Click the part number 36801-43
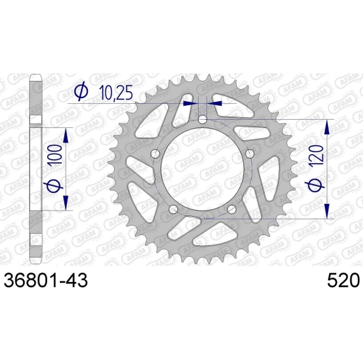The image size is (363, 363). [46, 280]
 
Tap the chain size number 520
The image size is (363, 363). [343, 280]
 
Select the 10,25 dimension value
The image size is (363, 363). [116, 92]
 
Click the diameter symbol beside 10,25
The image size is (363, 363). [82, 92]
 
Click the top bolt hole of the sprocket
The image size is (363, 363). [203, 120]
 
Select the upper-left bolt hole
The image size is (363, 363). [155, 153]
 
